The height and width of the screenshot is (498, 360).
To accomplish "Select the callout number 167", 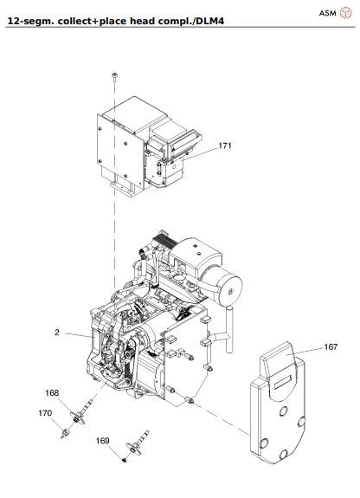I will (330, 347).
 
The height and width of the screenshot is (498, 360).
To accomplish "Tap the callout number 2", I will (56, 332).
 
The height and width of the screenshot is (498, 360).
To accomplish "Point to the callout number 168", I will (52, 392).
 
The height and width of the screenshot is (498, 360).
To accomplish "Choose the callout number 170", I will (45, 413).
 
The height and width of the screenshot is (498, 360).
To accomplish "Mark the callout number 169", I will (103, 441).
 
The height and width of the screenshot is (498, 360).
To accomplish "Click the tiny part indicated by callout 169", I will (124, 459).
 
